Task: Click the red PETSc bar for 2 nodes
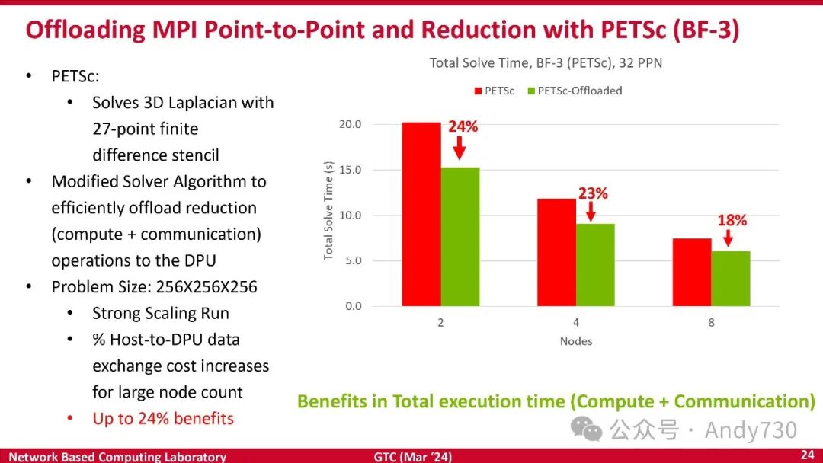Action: pyautogui.click(x=421, y=214)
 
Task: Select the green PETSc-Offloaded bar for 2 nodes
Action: pyautogui.click(x=460, y=236)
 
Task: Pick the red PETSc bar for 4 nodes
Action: pyautogui.click(x=556, y=252)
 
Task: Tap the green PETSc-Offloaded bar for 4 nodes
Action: pyautogui.click(x=595, y=264)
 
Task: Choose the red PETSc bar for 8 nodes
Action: pyautogui.click(x=692, y=272)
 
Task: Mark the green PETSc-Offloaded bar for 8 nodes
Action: pyautogui.click(x=730, y=278)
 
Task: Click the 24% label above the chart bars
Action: pyautogui.click(x=463, y=126)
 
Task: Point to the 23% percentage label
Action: pyautogui.click(x=593, y=193)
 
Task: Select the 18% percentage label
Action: pyautogui.click(x=732, y=221)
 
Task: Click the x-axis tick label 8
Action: pyautogui.click(x=711, y=322)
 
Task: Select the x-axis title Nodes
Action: pyautogui.click(x=576, y=340)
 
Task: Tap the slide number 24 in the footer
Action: pyautogui.click(x=807, y=455)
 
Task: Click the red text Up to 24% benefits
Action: pyautogui.click(x=163, y=418)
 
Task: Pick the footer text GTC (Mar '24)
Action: pyautogui.click(x=413, y=457)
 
